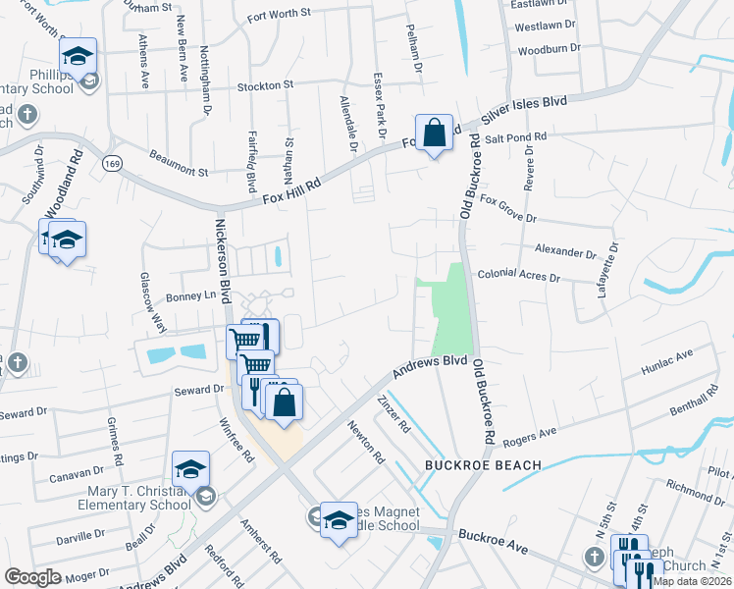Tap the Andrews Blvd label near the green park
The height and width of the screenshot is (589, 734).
pyautogui.click(x=430, y=368)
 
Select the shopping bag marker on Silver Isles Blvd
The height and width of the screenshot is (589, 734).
pyautogui.click(x=434, y=133)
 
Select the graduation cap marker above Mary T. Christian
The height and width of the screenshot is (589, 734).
pyautogui.click(x=191, y=469)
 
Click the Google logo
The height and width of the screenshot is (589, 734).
pyautogui.click(x=32, y=577)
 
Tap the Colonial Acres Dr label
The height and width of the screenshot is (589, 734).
pyautogui.click(x=518, y=278)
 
